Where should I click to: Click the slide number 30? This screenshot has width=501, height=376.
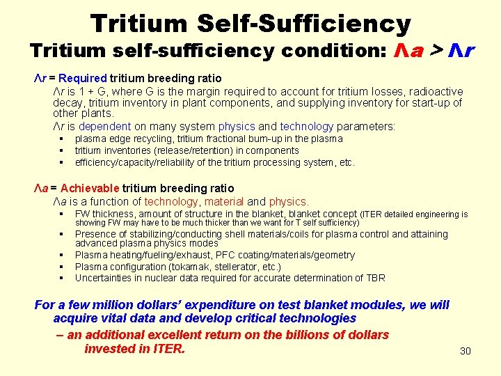click(466, 351)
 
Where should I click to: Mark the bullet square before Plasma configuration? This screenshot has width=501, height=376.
click(61, 267)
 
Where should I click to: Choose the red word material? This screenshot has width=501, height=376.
click(224, 201)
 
